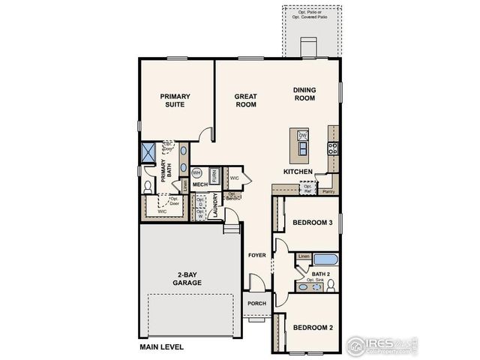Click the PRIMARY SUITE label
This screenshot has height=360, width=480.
click(175, 100)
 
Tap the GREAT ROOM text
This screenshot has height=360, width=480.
click(246, 100)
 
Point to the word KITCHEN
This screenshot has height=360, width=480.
click(298, 172)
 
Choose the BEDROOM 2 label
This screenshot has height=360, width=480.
click(312, 327)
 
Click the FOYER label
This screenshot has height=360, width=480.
click(257, 256)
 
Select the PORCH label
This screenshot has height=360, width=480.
click(256, 303)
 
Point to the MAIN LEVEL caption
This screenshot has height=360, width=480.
click(161, 347)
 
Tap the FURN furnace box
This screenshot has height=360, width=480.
click(214, 175)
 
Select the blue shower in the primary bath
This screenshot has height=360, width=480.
click(148, 151)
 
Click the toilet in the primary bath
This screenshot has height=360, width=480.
click(148, 184)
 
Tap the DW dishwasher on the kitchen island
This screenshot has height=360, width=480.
click(303, 135)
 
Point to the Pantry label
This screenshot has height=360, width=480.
click(328, 192)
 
